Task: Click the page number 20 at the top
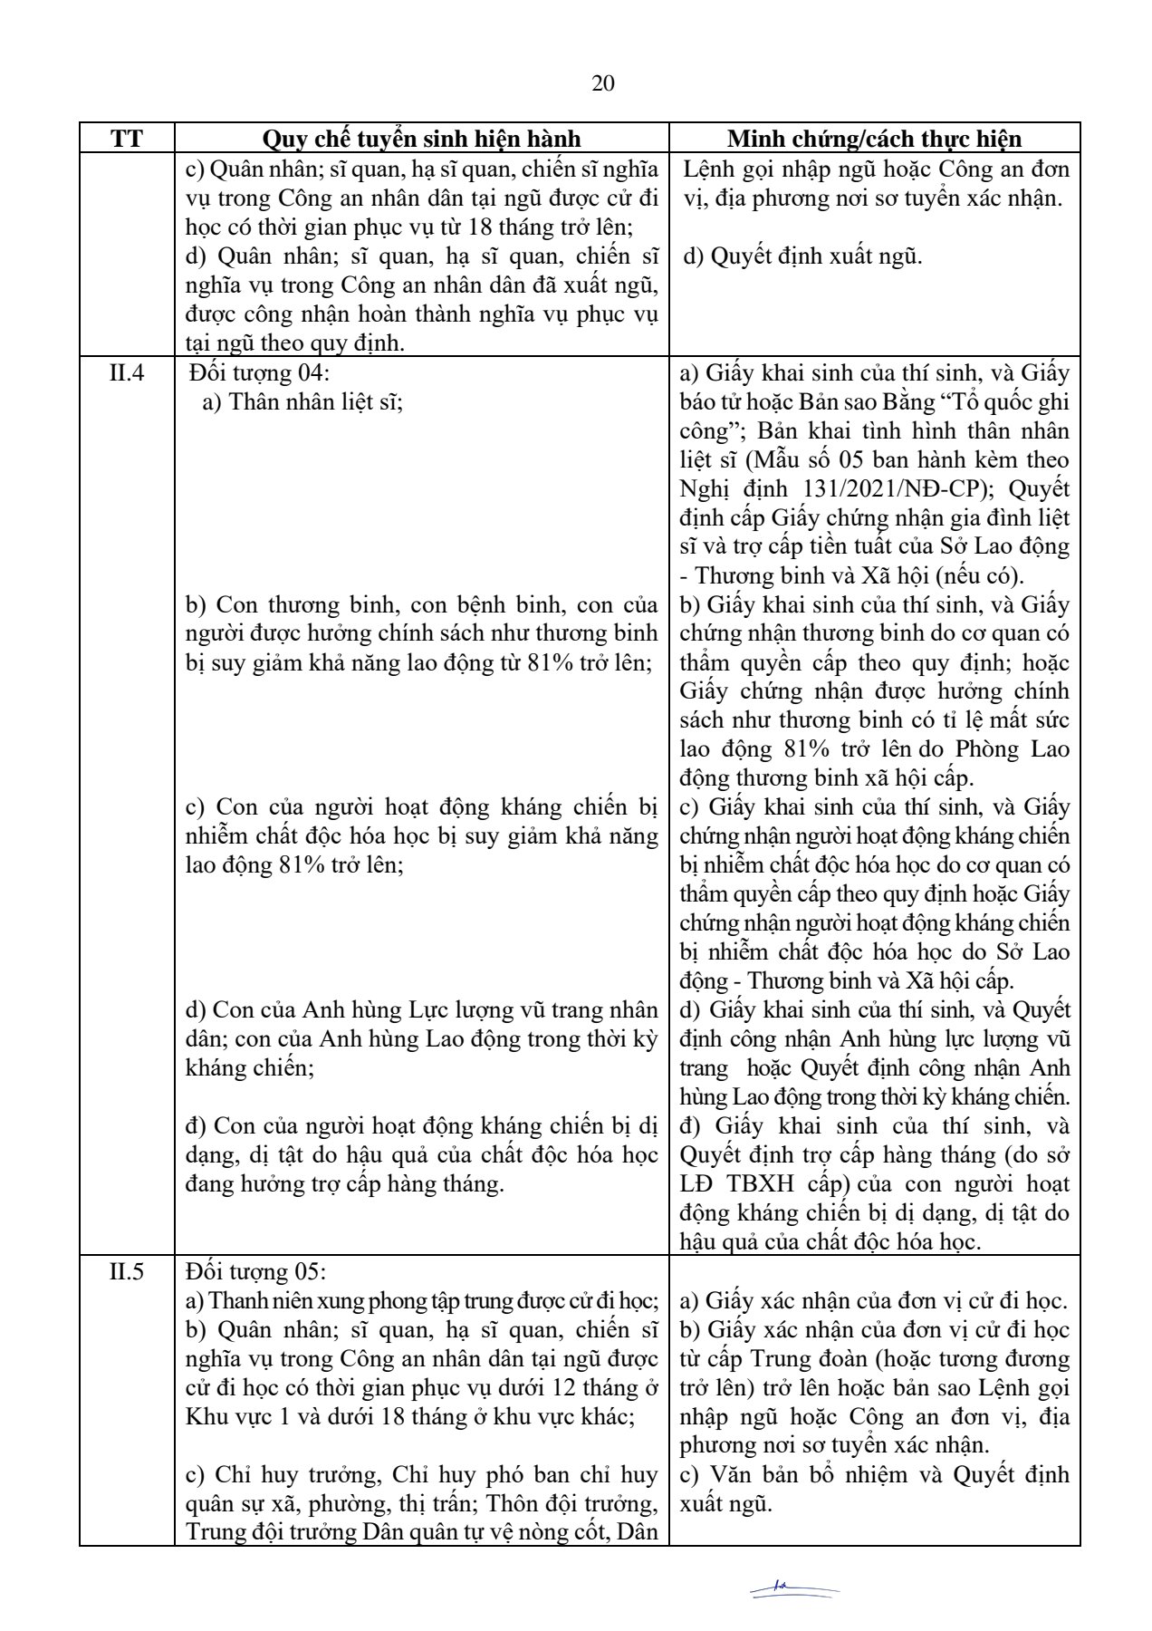pyautogui.click(x=603, y=83)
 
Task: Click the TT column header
pyautogui.click(x=127, y=139)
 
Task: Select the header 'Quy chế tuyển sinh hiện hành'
pyautogui.click(x=421, y=139)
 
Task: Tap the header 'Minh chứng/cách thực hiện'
pyautogui.click(x=874, y=139)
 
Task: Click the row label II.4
pyautogui.click(x=127, y=372)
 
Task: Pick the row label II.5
pyautogui.click(x=127, y=1271)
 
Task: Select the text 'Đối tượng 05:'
pyautogui.click(x=254, y=1271)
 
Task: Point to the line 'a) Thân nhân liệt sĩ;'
pyautogui.click(x=302, y=401)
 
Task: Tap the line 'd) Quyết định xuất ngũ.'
pyautogui.click(x=802, y=256)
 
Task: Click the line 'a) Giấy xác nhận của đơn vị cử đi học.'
pyautogui.click(x=874, y=1301)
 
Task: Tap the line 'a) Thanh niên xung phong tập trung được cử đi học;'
pyautogui.click(x=421, y=1301)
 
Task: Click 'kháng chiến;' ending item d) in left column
pyautogui.click(x=249, y=1068)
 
